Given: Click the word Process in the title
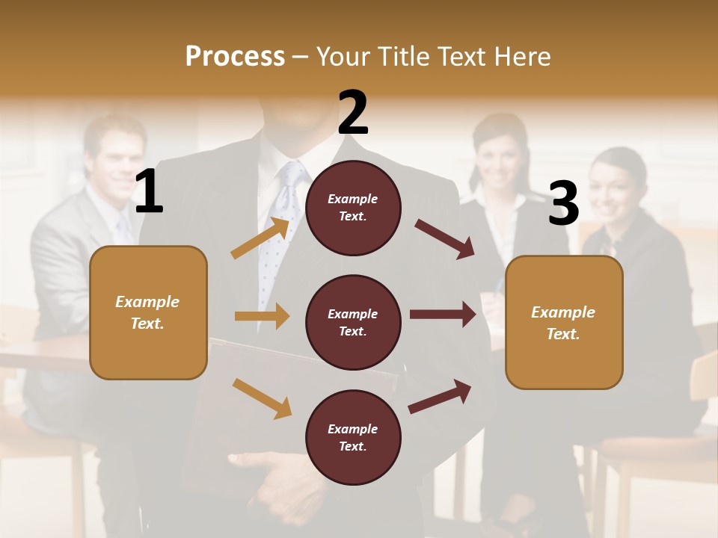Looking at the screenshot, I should click(235, 57).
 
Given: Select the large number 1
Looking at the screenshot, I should click(149, 192).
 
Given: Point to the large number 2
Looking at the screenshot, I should click(353, 113).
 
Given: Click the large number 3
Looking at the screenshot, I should click(563, 203).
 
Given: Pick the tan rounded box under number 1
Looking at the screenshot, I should click(148, 312).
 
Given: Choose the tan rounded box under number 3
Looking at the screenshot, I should click(564, 322).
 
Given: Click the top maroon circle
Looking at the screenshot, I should click(353, 208).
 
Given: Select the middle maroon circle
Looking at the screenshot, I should click(353, 322).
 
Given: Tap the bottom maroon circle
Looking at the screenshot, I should click(353, 437).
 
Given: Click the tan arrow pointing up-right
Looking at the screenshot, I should click(260, 238).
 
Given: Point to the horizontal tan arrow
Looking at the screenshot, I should click(262, 316).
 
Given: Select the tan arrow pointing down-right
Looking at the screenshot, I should click(262, 398).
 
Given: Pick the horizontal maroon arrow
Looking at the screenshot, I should click(443, 315).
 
